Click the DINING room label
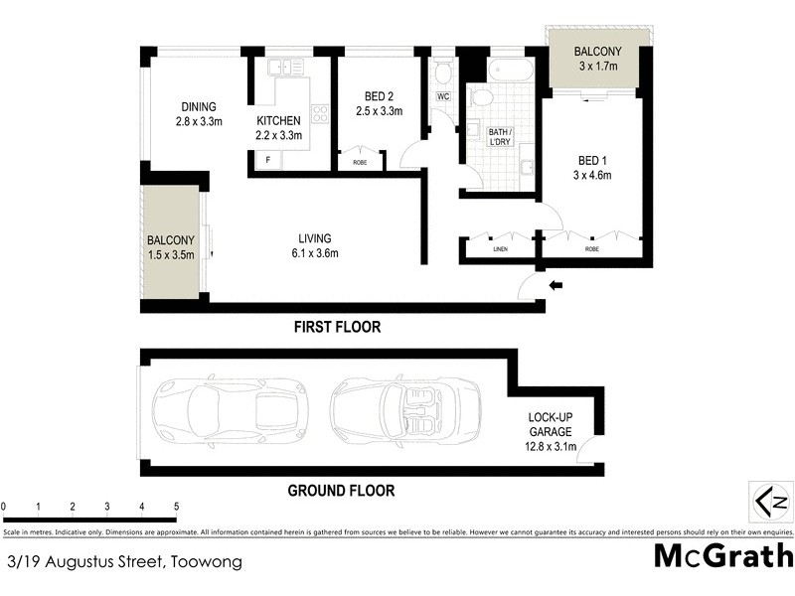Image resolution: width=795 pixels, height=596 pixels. (x=198, y=107)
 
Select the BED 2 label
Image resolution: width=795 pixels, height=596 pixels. (x=379, y=96)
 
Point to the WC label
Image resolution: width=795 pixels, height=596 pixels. (x=443, y=97)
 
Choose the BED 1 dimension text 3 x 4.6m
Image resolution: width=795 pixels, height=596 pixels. (x=594, y=175)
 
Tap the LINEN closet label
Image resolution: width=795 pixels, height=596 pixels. (x=500, y=248)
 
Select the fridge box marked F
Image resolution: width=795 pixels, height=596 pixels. (x=265, y=161)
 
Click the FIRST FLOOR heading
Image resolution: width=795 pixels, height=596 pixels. (x=337, y=327)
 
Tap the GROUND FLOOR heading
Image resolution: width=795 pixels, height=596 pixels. (x=341, y=490)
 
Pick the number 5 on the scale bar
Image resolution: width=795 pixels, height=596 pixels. (x=176, y=507)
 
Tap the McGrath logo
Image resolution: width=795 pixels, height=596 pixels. (x=723, y=555)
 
